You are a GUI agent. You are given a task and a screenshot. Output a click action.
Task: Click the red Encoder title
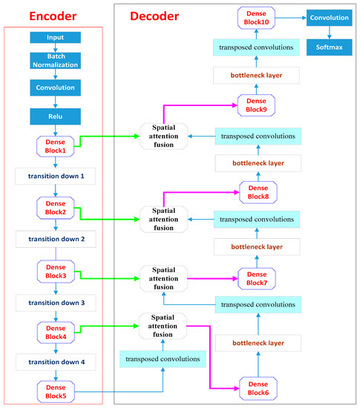[x=53, y=16]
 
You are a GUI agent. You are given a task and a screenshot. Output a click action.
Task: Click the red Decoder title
[x=154, y=16]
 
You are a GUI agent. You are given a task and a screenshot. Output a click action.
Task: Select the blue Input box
[x=55, y=38]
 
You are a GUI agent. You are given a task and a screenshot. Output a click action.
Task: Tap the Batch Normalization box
[x=55, y=61]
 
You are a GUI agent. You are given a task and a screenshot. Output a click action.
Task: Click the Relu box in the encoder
[x=55, y=116]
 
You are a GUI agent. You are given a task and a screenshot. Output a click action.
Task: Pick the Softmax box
[x=330, y=47]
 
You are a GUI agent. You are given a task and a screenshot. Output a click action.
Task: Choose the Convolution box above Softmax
[x=330, y=18]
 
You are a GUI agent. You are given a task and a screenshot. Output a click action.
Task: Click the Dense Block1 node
[x=55, y=146]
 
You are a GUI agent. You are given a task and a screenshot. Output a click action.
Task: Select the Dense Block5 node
[x=56, y=392]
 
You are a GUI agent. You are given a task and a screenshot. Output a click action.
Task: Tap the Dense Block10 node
[x=256, y=18]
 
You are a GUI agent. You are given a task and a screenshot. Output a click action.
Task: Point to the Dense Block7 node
[x=257, y=279]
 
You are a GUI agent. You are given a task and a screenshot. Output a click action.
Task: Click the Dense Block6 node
[x=258, y=389]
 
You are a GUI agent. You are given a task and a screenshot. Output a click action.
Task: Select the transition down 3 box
[x=56, y=303]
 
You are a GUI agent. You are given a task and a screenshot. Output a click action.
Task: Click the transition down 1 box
[x=55, y=176]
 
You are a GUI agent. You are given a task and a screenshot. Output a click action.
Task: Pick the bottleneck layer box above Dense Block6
[x=258, y=343]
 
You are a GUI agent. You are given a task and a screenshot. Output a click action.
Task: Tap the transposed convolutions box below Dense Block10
[x=256, y=47]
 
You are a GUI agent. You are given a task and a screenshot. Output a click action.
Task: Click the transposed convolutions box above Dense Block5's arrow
[x=163, y=359]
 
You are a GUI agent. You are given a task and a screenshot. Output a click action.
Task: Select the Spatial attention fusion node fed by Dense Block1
[x=163, y=136]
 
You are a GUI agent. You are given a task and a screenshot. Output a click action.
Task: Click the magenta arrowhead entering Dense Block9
[x=235, y=105]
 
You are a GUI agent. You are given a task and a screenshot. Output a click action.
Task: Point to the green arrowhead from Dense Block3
[x=137, y=279]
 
